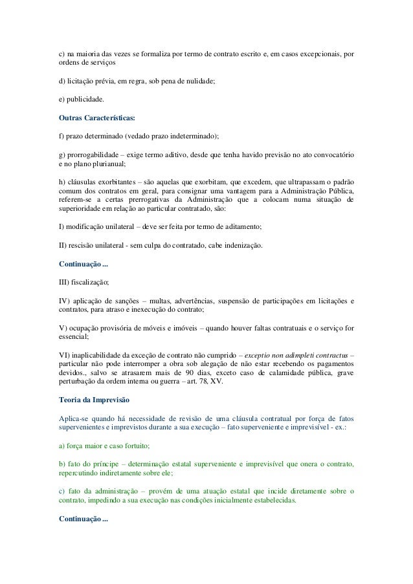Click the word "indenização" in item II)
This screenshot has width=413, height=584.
click(x=240, y=246)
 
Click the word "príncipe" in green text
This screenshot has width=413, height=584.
click(x=107, y=465)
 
